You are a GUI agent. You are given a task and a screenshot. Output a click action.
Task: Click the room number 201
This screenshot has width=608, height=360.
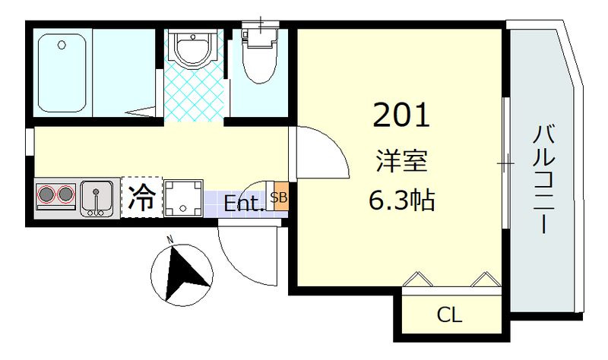[x=402, y=115]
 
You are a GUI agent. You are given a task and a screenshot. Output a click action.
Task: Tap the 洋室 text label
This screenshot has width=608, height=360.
[x=402, y=162]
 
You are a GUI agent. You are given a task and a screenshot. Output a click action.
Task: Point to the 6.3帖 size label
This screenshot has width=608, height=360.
[x=402, y=200]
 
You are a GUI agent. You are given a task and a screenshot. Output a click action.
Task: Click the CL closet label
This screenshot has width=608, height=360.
[x=449, y=314]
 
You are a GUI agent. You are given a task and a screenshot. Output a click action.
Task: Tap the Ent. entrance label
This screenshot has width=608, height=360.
[x=244, y=204]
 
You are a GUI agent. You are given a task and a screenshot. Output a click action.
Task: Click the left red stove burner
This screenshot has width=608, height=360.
[x=47, y=196]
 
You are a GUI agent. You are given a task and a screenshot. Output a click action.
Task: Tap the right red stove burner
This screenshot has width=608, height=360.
[x=66, y=196]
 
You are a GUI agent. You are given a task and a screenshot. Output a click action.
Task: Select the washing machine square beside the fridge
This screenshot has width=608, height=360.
[x=183, y=197]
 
